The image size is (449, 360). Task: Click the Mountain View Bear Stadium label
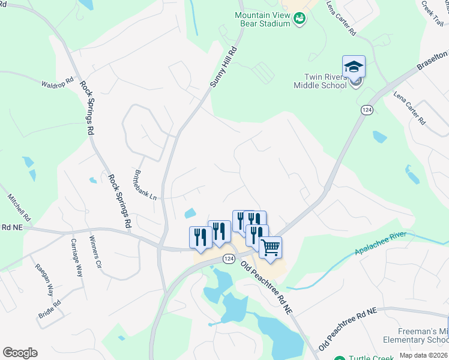point(262,19)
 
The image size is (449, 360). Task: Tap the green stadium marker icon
point(299,19)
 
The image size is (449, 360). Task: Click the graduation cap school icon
point(354,66)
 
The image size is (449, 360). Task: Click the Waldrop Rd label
point(58,82)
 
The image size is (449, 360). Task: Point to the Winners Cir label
point(95,251)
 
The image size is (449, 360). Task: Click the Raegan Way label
point(42,280)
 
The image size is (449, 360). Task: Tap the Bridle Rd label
point(50,310)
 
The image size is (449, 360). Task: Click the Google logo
point(20,352)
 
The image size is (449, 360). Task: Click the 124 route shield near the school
point(367,110)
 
